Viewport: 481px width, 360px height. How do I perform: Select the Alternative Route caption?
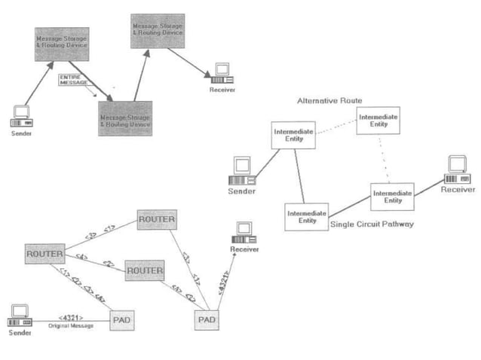[329, 100]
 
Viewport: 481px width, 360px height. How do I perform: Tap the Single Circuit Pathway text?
[372, 224]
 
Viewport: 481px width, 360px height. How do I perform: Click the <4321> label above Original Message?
[69, 317]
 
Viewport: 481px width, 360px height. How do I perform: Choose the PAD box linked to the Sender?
[123, 319]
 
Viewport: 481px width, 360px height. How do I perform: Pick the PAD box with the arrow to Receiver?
[207, 319]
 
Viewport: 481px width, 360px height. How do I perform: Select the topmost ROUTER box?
[156, 220]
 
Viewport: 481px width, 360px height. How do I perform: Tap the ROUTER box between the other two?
[144, 270]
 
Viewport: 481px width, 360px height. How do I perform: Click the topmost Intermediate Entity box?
[378, 120]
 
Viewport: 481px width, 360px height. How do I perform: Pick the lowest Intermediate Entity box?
[307, 216]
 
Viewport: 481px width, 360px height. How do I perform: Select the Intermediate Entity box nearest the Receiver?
[393, 197]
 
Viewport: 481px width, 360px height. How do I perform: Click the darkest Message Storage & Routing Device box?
[125, 119]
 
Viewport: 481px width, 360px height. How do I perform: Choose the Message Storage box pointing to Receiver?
[157, 31]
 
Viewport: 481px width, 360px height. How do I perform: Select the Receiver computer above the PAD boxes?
[244, 233]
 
